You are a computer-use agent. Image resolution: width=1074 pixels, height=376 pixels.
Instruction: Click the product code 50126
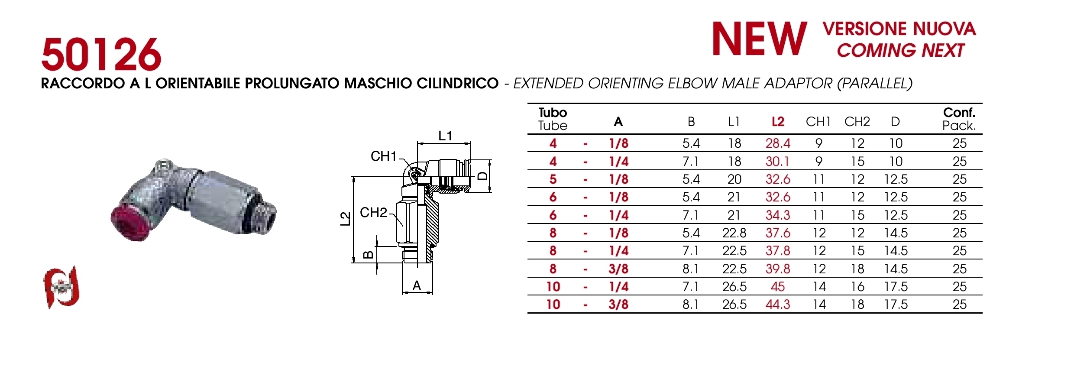click(101, 55)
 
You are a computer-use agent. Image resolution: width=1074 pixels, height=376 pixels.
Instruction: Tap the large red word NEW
click(760, 39)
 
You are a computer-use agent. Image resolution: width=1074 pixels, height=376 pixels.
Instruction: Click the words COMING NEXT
click(900, 50)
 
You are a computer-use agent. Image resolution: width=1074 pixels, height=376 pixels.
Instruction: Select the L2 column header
click(778, 122)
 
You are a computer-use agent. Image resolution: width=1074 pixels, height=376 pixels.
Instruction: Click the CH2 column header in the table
click(857, 122)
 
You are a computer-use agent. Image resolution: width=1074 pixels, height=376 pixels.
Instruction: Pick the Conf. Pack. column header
click(959, 119)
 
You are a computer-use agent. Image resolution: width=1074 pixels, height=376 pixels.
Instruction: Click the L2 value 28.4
click(778, 143)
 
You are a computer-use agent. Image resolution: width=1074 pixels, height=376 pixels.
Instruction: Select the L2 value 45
click(778, 287)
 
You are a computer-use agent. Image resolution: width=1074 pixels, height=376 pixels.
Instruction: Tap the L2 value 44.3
click(778, 305)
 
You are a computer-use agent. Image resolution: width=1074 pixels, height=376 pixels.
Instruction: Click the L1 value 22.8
click(734, 233)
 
